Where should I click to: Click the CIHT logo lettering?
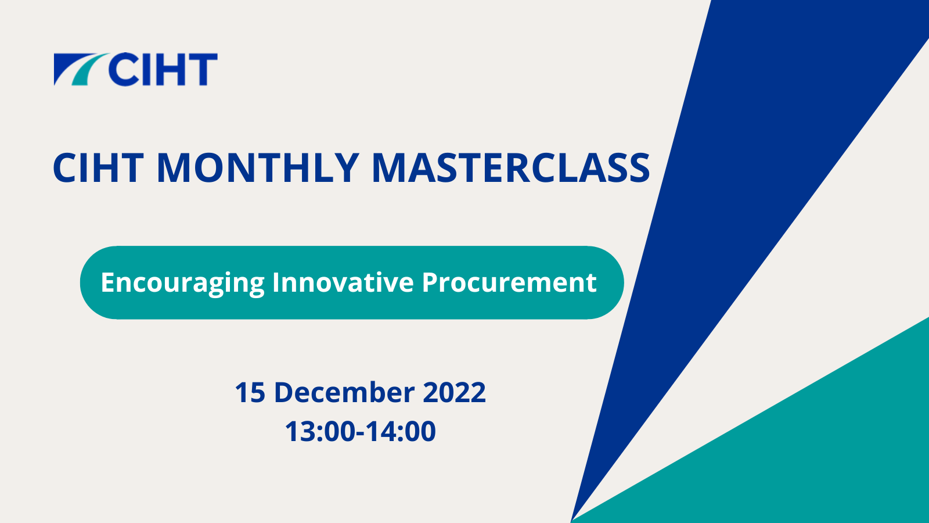[x=163, y=69]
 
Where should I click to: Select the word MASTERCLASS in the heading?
[x=511, y=168]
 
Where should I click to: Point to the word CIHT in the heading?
[x=98, y=168]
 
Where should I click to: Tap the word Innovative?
[x=343, y=282]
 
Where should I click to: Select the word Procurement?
[x=509, y=282]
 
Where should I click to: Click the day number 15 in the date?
[x=250, y=392]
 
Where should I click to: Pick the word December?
[x=344, y=392]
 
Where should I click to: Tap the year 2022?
[x=454, y=392]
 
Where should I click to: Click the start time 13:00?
[x=320, y=431]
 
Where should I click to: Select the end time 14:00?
[x=401, y=431]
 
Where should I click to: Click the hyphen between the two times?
[x=361, y=434]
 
